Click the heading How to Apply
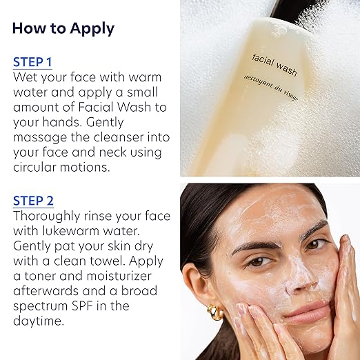[x=63, y=28]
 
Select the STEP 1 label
[x=32, y=62]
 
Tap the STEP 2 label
[x=33, y=201]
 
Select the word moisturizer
[x=119, y=276]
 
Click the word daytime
[x=39, y=321]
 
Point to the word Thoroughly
[x=46, y=217]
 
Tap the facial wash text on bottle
[x=274, y=65]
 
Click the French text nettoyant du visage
[x=271, y=88]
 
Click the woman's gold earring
[x=215, y=312]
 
